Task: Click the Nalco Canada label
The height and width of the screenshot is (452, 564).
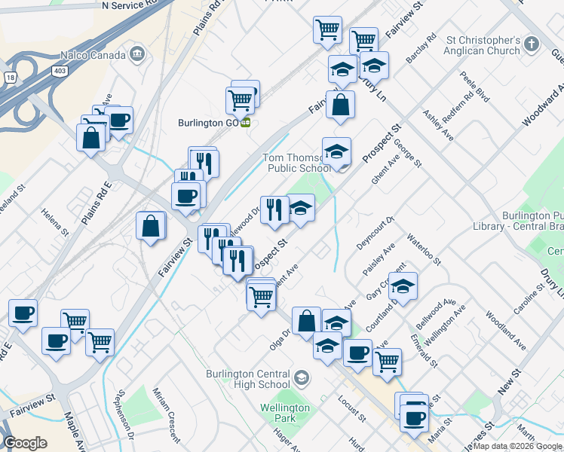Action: click(93, 54)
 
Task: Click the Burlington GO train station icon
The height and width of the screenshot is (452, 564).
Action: click(246, 123)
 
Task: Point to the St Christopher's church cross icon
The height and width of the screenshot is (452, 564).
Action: click(533, 43)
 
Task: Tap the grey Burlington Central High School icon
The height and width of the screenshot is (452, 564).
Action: click(302, 377)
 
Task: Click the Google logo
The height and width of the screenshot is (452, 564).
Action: click(26, 443)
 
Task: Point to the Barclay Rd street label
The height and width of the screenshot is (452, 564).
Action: click(431, 47)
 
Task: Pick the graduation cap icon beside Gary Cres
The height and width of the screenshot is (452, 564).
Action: click(403, 286)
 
